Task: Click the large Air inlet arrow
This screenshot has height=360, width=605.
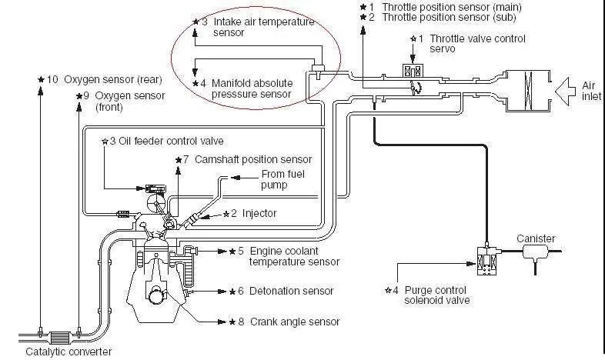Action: coord(567,92)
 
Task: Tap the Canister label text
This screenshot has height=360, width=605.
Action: coord(536,238)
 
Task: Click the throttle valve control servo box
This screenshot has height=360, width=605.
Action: coord(413,71)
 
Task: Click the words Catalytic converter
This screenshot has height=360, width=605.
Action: coord(69,352)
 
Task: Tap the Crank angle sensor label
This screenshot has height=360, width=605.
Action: coord(295,322)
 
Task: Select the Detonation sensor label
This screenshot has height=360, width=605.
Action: coord(291,291)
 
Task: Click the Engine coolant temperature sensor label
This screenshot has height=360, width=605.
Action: coord(294,256)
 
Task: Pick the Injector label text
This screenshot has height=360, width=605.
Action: coord(259,213)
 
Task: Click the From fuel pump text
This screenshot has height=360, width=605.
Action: coord(282,179)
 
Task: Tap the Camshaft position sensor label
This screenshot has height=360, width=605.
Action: coord(253,159)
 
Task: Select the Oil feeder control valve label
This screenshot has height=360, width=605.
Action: coord(171,141)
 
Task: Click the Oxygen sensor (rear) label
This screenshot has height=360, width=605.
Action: coord(113,79)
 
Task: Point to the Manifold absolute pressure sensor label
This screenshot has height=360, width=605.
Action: coord(252,88)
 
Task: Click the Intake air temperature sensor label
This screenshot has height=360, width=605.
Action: coord(264,27)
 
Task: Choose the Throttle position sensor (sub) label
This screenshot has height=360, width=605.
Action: coord(449,17)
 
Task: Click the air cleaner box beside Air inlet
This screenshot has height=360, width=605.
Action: coord(529,92)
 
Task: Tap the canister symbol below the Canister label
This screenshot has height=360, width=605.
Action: coord(536,252)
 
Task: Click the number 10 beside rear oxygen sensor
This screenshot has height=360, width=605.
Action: coord(52,79)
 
